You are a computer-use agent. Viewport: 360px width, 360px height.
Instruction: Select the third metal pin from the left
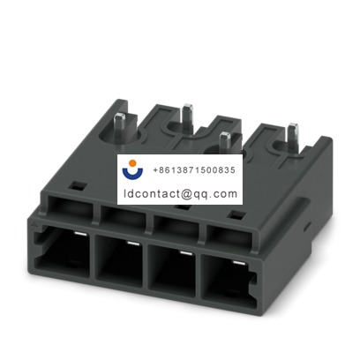225,139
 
